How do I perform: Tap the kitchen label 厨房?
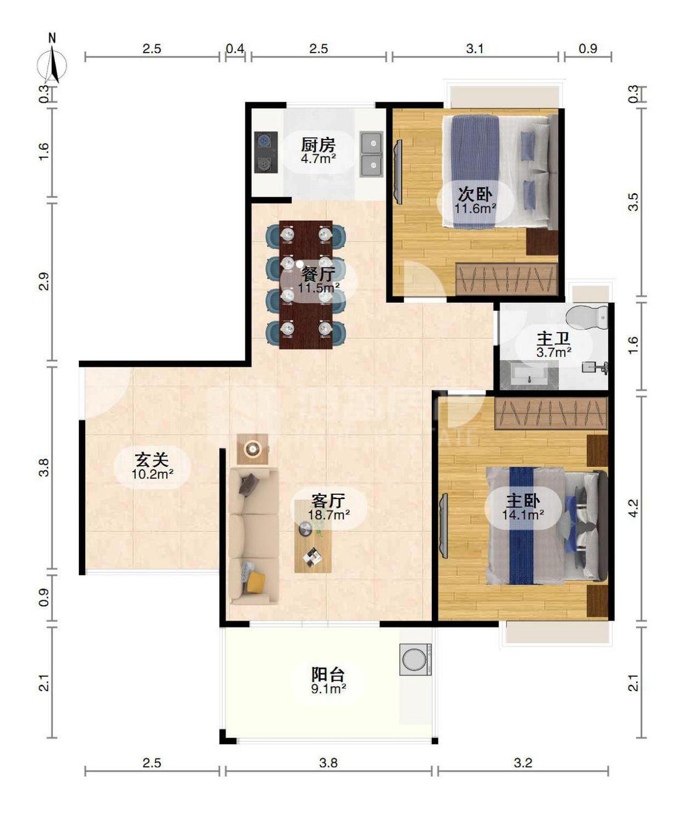point(318,146)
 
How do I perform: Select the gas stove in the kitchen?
point(265,152)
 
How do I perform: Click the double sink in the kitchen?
point(371,154)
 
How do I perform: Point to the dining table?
point(305,284)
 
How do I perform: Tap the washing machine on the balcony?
point(416,660)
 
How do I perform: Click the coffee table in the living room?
point(313,537)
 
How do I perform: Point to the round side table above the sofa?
point(252,449)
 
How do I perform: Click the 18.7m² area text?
point(329,514)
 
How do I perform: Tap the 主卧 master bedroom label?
point(523,500)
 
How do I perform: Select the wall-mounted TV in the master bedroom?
point(443,525)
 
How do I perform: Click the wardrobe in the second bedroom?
point(506,279)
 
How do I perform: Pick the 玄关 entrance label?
point(152,460)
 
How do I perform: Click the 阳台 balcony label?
point(328,674)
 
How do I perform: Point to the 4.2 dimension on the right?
point(633,507)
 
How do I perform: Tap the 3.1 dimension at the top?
point(474,49)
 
